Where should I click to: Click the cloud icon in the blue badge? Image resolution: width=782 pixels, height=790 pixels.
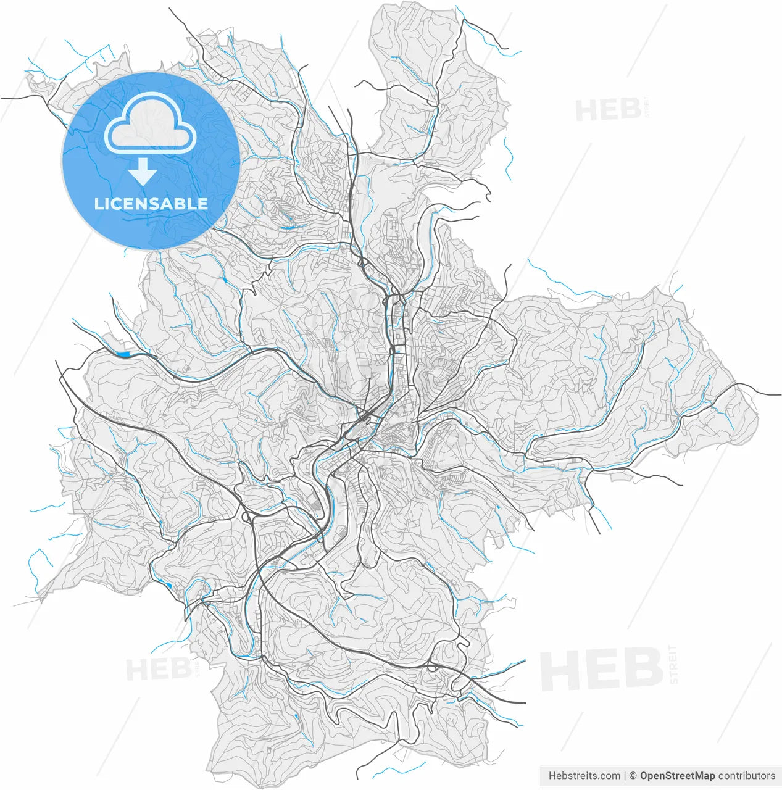click(150, 123)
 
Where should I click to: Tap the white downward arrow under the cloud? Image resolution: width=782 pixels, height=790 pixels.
click(143, 172)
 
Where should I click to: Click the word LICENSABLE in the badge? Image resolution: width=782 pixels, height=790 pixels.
click(151, 204)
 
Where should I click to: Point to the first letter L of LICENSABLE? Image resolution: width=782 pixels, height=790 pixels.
click(98, 204)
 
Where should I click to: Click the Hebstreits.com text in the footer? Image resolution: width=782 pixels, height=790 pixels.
click(584, 776)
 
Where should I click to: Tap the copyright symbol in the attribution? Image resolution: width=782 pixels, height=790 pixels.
click(633, 776)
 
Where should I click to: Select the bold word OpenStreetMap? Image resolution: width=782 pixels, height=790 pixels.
click(677, 776)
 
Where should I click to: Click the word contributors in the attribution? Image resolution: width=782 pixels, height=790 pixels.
click(747, 776)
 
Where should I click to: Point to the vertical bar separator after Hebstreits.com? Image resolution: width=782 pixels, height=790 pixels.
click(625, 776)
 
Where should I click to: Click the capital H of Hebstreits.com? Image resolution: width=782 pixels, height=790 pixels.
click(552, 776)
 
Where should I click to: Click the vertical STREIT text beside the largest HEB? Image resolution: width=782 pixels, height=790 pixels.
click(673, 664)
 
